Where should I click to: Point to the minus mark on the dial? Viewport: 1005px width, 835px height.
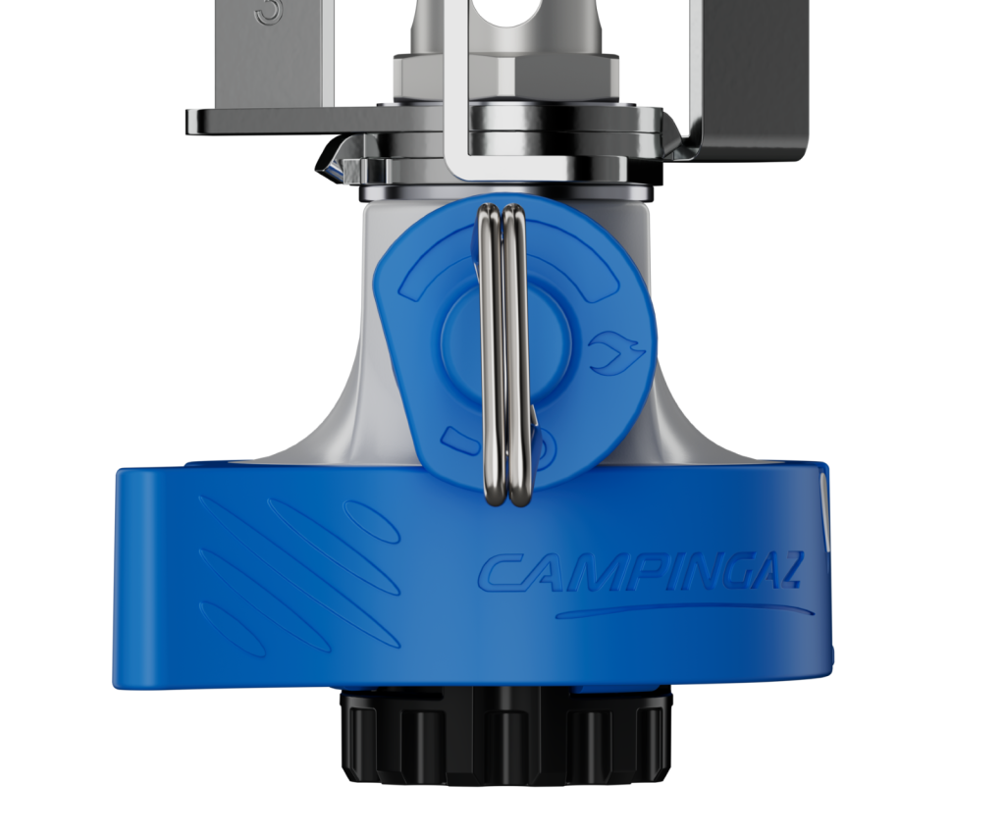pyautogui.click(x=457, y=439)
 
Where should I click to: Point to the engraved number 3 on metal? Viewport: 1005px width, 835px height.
pyautogui.click(x=268, y=13)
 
